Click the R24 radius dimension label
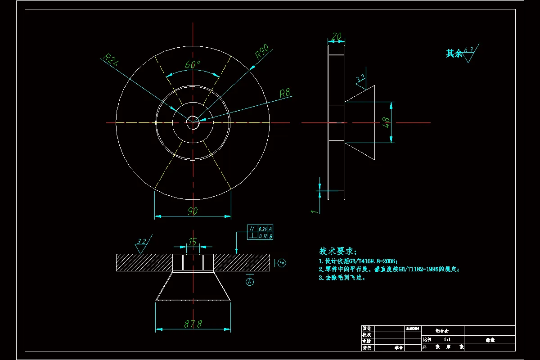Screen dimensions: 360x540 111,60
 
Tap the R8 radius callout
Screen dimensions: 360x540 285,93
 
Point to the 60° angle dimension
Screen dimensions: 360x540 193,64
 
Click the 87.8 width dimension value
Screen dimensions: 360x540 193,324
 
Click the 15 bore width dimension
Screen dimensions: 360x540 193,242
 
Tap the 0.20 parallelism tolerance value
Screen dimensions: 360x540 263,229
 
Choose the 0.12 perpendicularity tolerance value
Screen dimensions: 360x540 263,236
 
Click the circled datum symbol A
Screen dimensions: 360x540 250,282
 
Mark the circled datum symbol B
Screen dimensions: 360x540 282,262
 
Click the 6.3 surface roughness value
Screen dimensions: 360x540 468,49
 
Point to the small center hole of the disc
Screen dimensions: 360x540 193,122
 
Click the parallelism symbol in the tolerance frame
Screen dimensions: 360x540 252,229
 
